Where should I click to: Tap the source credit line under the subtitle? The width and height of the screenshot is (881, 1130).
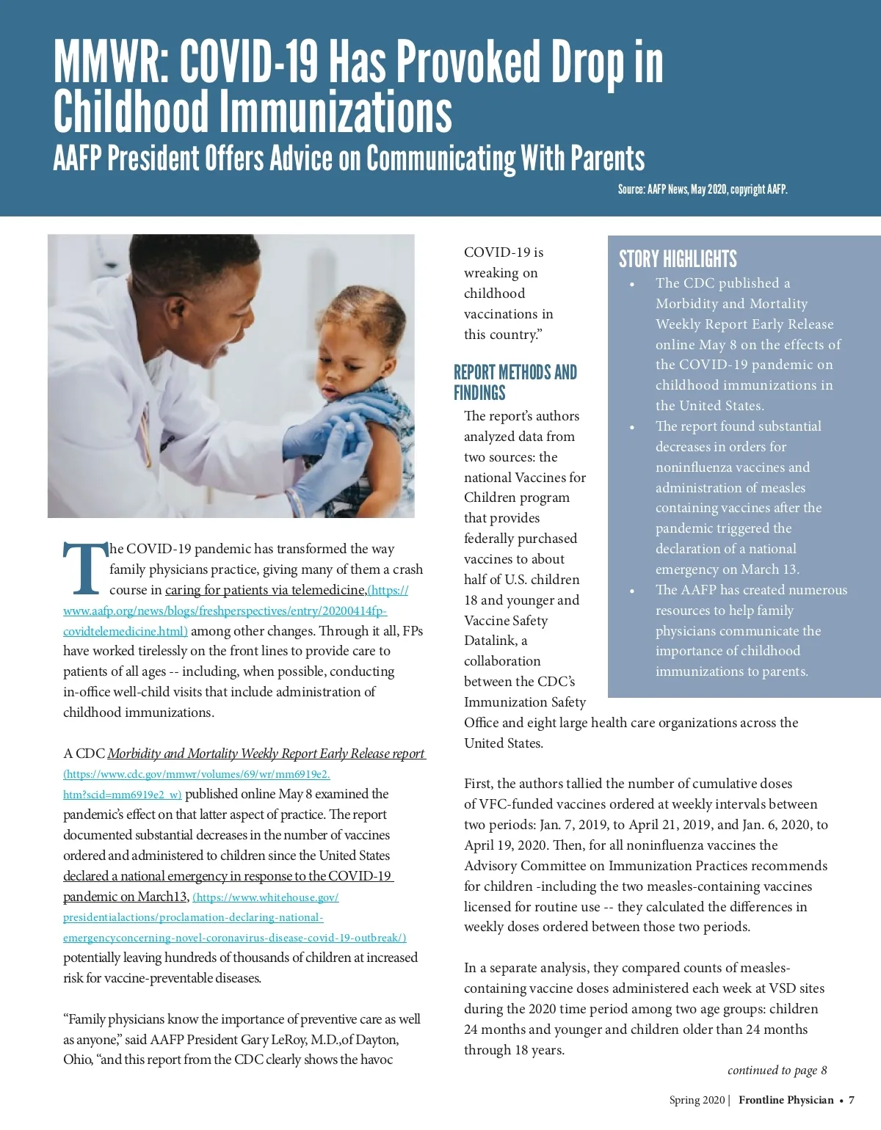[702, 189]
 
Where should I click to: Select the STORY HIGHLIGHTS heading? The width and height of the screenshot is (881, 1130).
[677, 259]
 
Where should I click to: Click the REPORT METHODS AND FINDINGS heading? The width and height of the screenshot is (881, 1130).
[515, 382]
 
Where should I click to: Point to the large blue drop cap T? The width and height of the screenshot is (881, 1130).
[84, 569]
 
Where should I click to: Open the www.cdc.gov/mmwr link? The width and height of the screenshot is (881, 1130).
[197, 774]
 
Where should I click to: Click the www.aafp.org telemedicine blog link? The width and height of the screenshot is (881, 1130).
[225, 610]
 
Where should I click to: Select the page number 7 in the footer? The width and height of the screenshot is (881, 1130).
[852, 1100]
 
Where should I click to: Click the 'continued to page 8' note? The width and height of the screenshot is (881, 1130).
[777, 1071]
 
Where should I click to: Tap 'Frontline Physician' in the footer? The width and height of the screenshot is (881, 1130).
[786, 1100]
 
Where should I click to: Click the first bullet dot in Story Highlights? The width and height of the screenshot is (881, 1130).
[632, 284]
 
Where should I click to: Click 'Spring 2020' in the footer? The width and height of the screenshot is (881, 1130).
[696, 1100]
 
